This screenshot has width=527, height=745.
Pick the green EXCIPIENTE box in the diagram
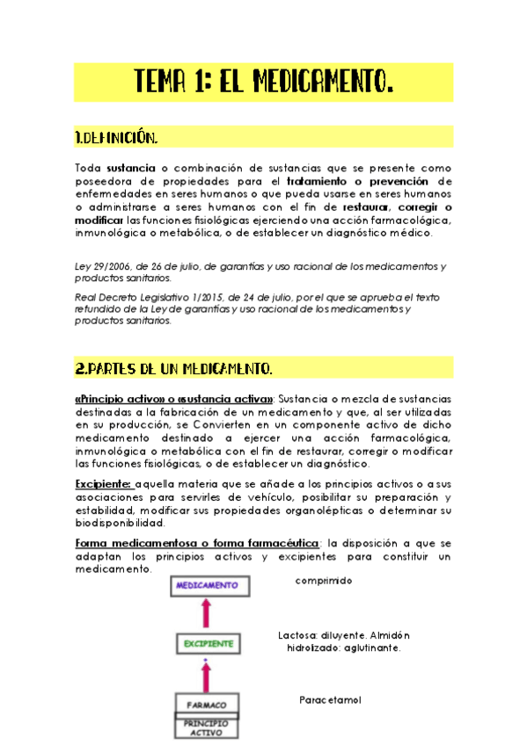(209, 644)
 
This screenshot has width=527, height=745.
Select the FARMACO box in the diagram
(207, 705)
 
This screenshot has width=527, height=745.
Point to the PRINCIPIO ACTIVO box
(207, 728)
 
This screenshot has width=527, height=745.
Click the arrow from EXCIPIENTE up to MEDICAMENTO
(209, 614)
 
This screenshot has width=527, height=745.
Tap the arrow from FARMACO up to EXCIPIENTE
(208, 675)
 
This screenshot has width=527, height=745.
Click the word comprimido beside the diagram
(324, 581)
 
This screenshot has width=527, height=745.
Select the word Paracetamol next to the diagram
(330, 700)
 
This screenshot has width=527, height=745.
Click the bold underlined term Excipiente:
(104, 482)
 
